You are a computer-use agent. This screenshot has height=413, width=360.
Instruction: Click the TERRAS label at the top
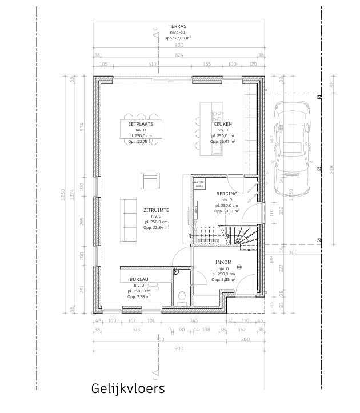[x=178, y=27]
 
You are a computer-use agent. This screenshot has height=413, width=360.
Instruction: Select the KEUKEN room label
[x=222, y=124]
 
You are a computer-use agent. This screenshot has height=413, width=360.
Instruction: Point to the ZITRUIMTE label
[x=155, y=211]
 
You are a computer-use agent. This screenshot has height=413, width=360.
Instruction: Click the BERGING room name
[x=226, y=194]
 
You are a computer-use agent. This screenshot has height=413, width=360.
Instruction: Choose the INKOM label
[x=223, y=262]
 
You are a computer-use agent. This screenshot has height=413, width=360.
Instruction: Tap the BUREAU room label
[x=139, y=279]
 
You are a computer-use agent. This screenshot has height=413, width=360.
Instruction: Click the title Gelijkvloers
[x=128, y=389]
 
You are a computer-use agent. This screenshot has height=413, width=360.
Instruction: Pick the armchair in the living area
[x=150, y=180]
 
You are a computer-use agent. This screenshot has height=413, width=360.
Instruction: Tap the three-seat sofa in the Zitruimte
[x=128, y=218]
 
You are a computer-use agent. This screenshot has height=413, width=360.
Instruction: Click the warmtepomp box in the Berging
[x=199, y=184]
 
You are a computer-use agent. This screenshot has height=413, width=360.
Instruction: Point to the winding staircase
[x=243, y=235]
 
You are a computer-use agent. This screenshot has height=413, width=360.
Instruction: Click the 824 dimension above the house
[x=179, y=55]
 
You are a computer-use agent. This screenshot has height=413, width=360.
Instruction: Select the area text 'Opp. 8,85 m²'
[x=223, y=280]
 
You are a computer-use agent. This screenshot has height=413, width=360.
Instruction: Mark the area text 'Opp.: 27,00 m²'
[x=178, y=38]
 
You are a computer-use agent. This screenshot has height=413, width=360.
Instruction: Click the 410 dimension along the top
[x=152, y=65]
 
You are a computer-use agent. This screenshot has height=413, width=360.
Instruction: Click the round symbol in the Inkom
[x=240, y=265]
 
